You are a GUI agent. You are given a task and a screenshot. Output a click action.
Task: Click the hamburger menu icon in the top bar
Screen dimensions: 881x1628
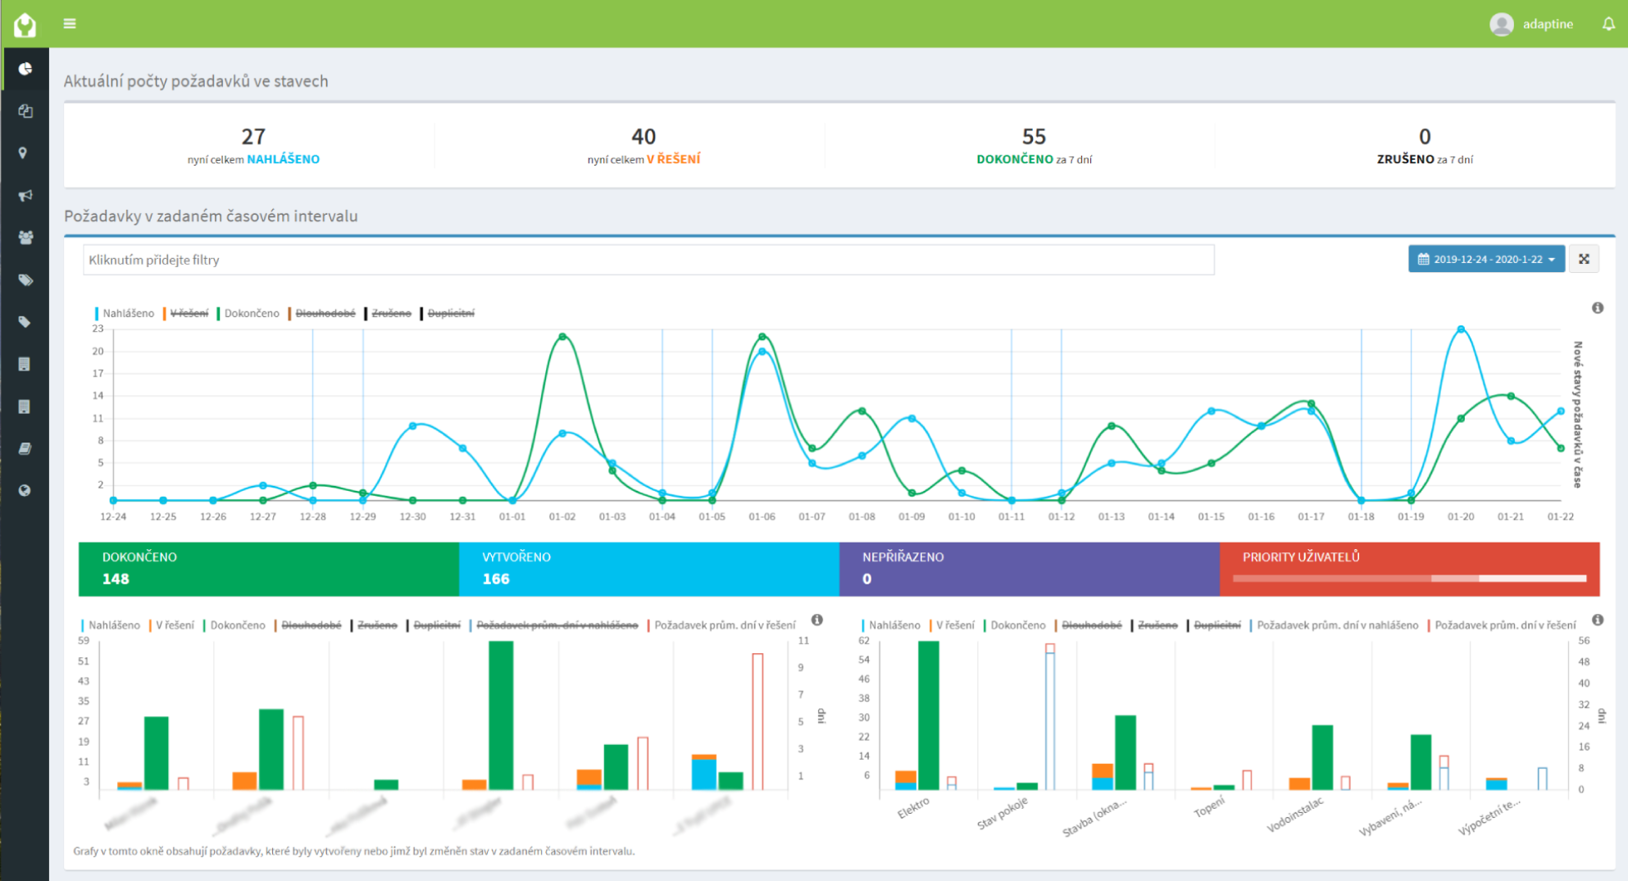coord(70,24)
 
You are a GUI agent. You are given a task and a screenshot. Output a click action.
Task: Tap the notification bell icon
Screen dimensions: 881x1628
coord(1608,24)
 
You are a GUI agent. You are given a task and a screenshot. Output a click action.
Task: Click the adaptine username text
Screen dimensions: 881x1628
coord(1548,24)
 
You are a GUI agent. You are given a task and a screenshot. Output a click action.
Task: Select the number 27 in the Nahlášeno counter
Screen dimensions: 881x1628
coord(253,136)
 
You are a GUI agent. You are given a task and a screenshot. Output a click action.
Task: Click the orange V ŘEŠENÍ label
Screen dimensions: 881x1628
coord(673,159)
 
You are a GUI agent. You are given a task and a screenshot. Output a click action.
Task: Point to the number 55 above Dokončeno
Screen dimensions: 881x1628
coord(1034,136)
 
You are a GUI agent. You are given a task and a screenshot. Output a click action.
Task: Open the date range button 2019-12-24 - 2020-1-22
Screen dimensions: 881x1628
coord(1485,259)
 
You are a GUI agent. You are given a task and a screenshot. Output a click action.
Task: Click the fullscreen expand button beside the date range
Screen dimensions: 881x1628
coord(1584,259)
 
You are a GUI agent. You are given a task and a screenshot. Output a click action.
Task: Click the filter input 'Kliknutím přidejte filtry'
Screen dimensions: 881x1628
coord(648,260)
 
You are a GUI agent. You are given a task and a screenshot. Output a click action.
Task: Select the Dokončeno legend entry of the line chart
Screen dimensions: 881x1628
coord(251,313)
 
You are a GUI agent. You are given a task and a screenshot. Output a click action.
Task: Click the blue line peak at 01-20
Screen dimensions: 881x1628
coord(1461,329)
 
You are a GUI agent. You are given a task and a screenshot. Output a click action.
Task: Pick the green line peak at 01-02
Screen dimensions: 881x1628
coord(562,337)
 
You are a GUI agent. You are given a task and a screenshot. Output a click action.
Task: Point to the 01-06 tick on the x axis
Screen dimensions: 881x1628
coord(762,516)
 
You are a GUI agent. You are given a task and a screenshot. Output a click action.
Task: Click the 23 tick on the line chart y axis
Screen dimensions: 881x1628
coord(98,329)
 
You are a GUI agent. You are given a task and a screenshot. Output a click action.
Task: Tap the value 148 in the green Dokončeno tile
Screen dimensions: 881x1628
coord(116,579)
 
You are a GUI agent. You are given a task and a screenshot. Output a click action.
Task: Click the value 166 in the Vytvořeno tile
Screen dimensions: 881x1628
coord(496,579)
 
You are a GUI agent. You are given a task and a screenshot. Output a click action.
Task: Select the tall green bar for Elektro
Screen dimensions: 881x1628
coord(928,715)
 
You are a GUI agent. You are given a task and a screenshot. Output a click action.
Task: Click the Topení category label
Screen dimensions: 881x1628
coord(1208,807)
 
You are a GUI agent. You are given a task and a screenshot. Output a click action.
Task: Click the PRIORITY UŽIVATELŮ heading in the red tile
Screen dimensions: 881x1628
coord(1300,556)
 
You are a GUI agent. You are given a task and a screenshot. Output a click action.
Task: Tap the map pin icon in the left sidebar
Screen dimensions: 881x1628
coord(24,153)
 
